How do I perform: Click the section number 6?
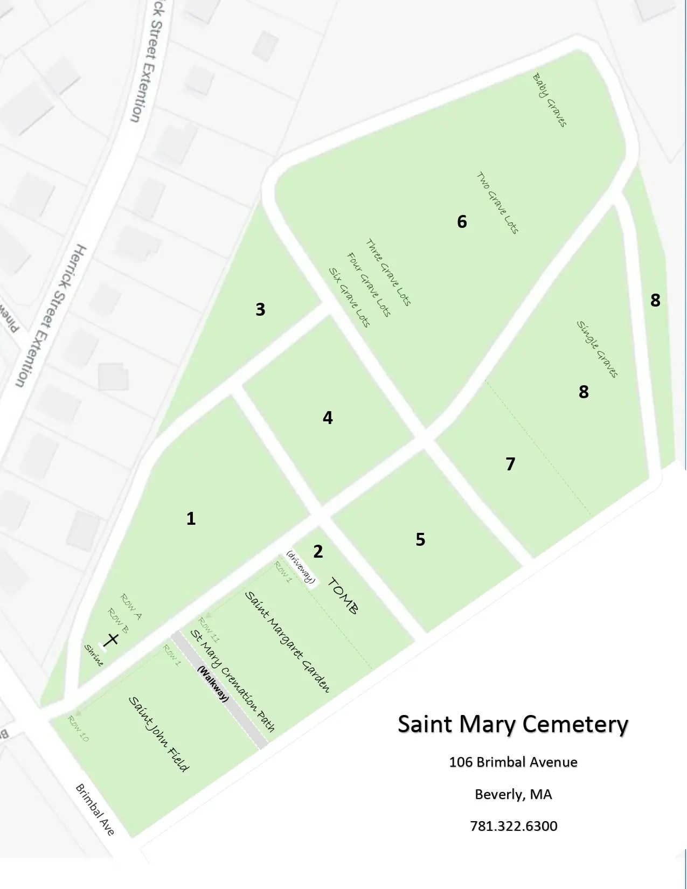point(462,221)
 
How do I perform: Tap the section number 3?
point(260,309)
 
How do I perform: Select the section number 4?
point(328,418)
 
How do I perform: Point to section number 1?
point(191,518)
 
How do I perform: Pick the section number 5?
point(420,539)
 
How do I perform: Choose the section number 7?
point(510,463)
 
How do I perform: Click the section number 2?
point(318,551)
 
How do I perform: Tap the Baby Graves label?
point(550,100)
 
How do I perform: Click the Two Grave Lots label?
point(497,203)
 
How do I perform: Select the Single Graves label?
point(597,349)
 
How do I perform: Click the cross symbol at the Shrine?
point(112,640)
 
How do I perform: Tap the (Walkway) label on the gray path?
point(213,684)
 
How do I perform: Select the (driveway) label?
point(301,567)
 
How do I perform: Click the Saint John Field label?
point(158,734)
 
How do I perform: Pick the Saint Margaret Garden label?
point(287,641)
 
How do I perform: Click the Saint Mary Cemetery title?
point(513,724)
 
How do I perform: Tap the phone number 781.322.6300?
point(513,826)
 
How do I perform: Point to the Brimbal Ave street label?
point(95,809)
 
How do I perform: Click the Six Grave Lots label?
point(349,297)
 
